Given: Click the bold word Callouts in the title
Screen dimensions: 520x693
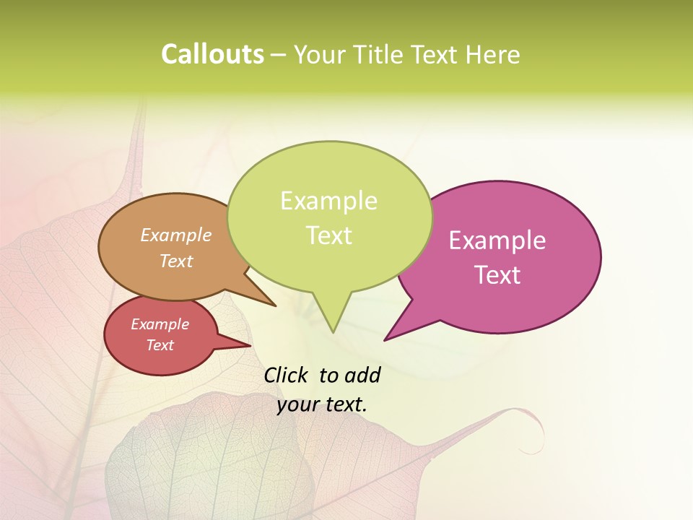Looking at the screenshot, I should [212, 55].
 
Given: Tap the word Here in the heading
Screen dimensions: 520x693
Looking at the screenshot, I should [493, 55].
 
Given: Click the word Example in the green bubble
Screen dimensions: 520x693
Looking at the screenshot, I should [328, 201].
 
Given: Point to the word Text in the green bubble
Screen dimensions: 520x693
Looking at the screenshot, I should [329, 235].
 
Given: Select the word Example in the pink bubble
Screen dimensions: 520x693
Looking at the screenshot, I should [497, 240].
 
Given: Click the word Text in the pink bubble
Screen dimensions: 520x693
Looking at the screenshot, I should [498, 275].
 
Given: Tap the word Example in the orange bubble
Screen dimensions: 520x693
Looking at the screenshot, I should [176, 235].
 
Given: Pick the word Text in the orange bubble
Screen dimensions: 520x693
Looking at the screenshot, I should [176, 261].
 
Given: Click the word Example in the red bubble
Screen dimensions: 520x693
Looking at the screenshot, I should [160, 324].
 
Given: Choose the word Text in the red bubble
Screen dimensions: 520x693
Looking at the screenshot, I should [160, 345].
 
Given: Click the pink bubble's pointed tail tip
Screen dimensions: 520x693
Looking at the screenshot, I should [385, 339].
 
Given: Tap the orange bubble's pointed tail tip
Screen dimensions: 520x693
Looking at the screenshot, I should [275, 305].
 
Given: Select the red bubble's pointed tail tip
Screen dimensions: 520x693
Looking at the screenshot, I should [250, 345].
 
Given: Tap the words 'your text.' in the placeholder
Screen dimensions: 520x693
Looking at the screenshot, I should [322, 405].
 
